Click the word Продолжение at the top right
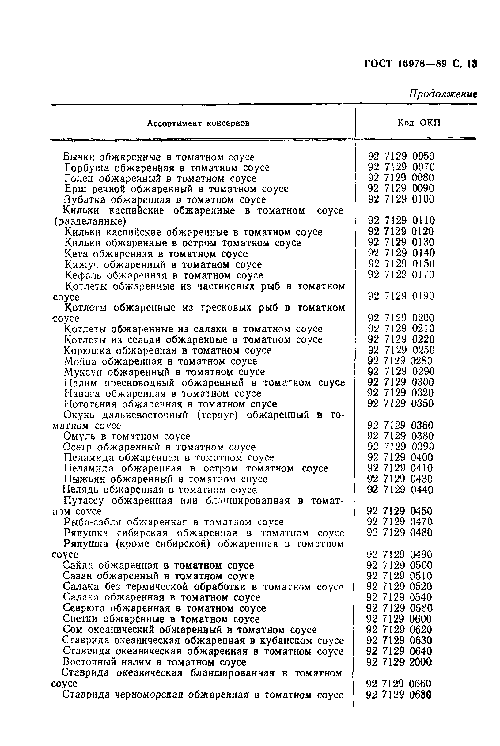pyautogui.click(x=443, y=94)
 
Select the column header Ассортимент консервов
pyautogui.click(x=198, y=123)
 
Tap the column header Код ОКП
pyautogui.click(x=419, y=123)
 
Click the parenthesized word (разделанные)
pyautogui.click(x=90, y=221)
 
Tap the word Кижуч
pyautogui.click(x=81, y=265)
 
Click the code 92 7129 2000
pyautogui.click(x=399, y=662)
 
